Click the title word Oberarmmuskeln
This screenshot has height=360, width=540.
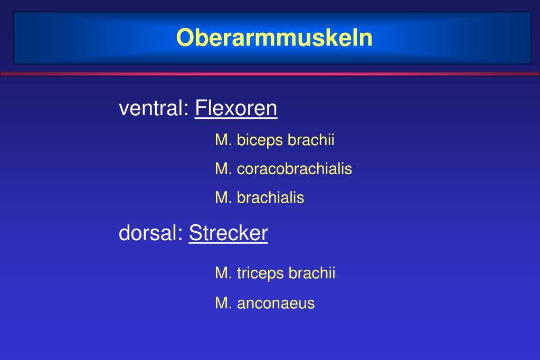[274, 38]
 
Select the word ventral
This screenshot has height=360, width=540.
[154, 109]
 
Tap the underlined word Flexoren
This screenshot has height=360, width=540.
[236, 109]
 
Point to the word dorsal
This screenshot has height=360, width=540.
[150, 233]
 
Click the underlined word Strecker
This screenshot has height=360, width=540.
[229, 233]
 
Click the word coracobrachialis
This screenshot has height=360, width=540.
[295, 169]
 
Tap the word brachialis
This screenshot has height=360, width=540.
[270, 198]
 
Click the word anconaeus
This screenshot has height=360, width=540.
[276, 304]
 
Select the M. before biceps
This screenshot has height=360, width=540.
[223, 140]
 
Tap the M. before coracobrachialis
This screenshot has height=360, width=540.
[223, 169]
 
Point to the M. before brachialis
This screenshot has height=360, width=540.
[223, 198]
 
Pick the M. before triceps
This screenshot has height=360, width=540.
[223, 273]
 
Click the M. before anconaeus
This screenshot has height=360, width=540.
[223, 304]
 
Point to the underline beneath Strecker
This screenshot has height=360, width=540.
[229, 243]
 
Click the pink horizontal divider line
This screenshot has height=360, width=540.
[270, 74]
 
